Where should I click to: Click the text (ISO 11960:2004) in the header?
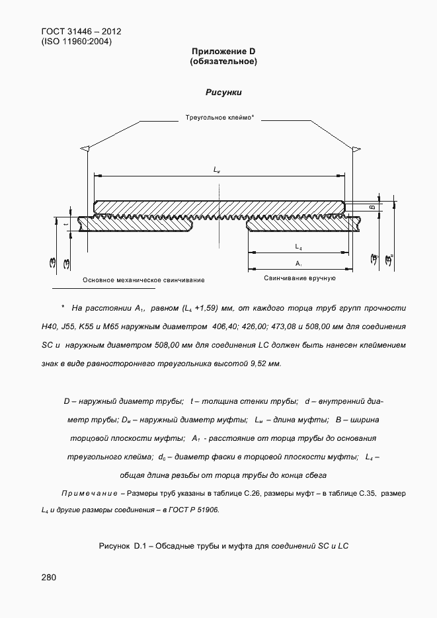(x=76, y=41)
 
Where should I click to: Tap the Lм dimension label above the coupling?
(x=217, y=170)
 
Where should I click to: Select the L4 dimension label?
(x=298, y=247)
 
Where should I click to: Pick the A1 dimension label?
(x=298, y=264)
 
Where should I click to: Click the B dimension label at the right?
(x=373, y=207)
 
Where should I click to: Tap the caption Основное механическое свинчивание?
(x=143, y=280)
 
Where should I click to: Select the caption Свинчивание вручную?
(x=299, y=278)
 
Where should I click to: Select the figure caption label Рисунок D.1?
(x=124, y=545)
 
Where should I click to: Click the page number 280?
(x=49, y=578)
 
